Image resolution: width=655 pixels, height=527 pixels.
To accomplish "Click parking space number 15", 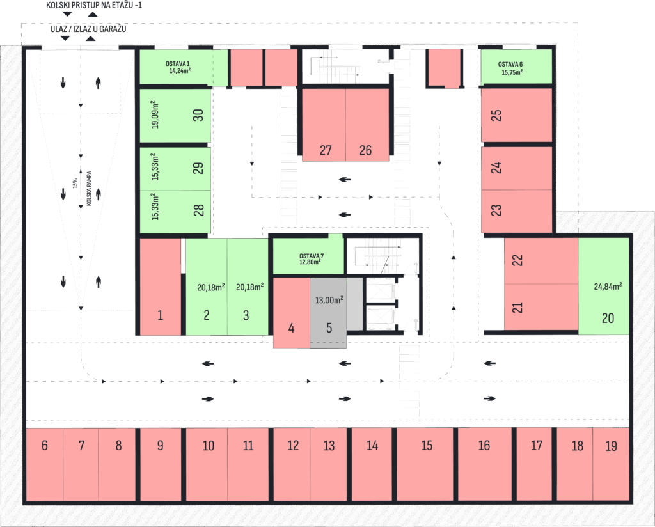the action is coord(425,464).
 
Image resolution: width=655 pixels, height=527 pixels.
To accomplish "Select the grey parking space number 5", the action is coord(328,313).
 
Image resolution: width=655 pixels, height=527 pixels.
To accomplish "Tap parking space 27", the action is coord(324,125).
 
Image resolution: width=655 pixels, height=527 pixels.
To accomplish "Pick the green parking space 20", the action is coord(604,286).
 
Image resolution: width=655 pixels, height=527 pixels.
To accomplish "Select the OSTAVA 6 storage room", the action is coord(516,67).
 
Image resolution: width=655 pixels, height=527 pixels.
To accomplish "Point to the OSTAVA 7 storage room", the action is coord(309,256).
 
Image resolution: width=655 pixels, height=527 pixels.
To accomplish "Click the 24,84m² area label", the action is coord(608,287).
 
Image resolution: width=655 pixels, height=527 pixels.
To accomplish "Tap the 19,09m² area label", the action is coord(155,114).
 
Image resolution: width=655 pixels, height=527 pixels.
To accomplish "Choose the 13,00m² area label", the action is coord(329,300).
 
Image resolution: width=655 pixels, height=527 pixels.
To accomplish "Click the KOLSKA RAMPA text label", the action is coord(89,188).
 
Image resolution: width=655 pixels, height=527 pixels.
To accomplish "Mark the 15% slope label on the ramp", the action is coord(75,184).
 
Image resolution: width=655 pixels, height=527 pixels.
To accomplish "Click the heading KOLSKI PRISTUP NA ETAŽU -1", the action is coord(94,5).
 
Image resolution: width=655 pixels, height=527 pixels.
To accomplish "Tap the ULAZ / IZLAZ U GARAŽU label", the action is coord(88,29).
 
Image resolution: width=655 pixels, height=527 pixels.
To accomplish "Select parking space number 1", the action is coord(160,287).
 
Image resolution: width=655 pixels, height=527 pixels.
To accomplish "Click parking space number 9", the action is coord(161,464).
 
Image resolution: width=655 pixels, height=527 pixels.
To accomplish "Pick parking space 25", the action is coord(516,115).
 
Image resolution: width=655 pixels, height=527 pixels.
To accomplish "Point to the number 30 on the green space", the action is coord(198,115).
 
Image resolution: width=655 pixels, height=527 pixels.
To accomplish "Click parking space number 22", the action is coord(541,261).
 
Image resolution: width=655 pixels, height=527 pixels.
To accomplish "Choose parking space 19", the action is coord(611,464).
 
